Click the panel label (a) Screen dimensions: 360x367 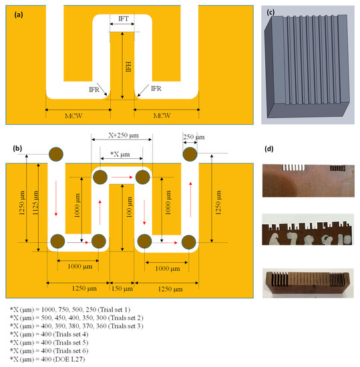19,15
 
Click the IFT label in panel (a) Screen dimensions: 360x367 124,19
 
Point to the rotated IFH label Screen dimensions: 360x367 128,67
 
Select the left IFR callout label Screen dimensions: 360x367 94,89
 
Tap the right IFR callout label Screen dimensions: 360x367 156,89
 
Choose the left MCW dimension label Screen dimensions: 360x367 73,116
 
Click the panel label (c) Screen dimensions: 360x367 271,12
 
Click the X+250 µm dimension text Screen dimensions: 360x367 124,135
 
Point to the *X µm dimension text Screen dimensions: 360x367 120,154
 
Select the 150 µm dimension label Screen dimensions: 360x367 122,288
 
